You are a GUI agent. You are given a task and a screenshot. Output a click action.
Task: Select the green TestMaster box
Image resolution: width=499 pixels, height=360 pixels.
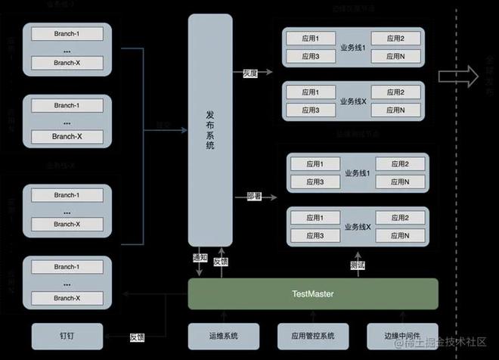coord(312,293)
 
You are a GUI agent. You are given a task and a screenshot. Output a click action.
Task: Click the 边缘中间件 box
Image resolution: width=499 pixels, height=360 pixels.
coord(401,337)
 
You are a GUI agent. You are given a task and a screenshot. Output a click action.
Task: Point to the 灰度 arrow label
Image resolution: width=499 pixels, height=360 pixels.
coord(251,74)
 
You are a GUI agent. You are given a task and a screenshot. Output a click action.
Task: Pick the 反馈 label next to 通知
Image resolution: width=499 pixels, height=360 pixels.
coord(220,261)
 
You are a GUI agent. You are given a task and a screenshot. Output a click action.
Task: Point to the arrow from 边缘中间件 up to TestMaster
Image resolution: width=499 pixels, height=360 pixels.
coord(401,315)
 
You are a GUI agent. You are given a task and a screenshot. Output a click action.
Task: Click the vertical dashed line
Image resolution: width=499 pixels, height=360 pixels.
coord(457,189)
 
